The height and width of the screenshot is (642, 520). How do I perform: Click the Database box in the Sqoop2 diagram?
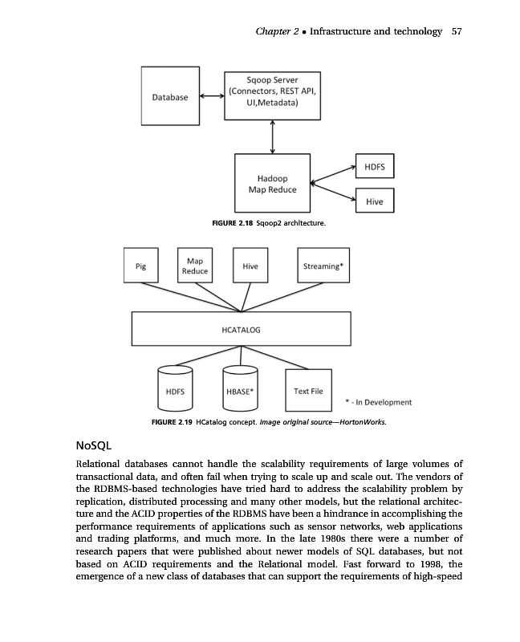[170, 96]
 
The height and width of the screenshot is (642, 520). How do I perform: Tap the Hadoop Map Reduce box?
[273, 184]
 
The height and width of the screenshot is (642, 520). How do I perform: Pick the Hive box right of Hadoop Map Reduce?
[374, 202]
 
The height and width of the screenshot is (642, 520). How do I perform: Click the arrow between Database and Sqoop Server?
[211, 96]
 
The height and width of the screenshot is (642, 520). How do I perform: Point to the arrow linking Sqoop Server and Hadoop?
[274, 136]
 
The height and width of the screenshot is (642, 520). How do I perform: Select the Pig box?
[141, 266]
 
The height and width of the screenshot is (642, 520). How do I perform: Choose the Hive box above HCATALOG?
[250, 266]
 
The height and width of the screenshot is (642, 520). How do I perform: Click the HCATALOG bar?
[241, 329]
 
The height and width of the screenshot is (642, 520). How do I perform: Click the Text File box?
[308, 391]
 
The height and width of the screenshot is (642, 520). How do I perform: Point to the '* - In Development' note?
[377, 402]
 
